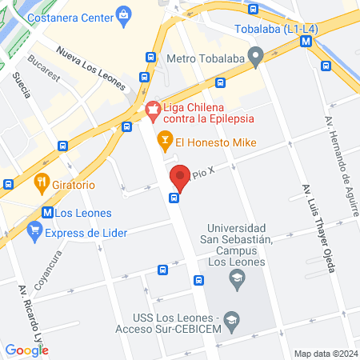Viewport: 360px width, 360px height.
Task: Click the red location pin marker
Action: pos(179,176)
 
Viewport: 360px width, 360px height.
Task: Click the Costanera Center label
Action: pos(69,16)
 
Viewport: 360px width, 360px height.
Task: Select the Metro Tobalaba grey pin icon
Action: pos(256,58)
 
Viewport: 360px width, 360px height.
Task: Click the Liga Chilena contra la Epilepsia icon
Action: pos(152,109)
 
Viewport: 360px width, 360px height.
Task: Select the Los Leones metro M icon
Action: pos(48,213)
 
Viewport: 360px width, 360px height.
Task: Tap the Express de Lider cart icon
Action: pos(34,233)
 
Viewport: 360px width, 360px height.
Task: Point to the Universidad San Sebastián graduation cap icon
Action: pos(236,278)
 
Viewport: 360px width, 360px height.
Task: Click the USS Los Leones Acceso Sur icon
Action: pos(232,317)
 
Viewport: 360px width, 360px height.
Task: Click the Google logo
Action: pos(26,350)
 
